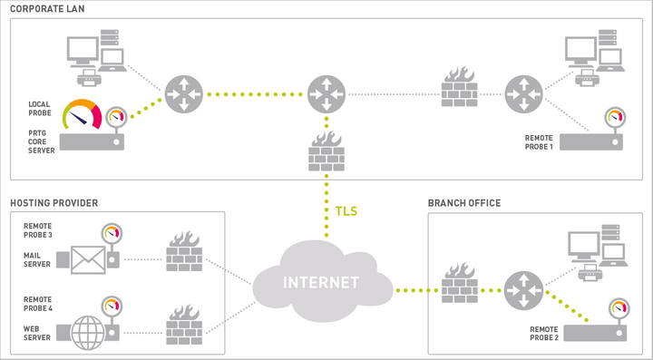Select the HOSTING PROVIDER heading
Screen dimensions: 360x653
coord(54,202)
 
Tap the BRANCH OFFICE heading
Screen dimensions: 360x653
coord(463,202)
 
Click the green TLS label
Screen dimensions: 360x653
coord(346,211)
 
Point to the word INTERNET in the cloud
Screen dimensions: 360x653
coord(323,281)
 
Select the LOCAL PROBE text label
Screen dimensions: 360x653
coord(38,109)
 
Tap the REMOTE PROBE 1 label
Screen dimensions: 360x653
coord(538,141)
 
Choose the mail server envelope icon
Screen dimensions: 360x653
coord(88,260)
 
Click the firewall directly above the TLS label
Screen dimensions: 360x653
coord(326,151)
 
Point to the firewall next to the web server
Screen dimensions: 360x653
coord(184,322)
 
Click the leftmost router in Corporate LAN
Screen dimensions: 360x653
coord(183,93)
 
